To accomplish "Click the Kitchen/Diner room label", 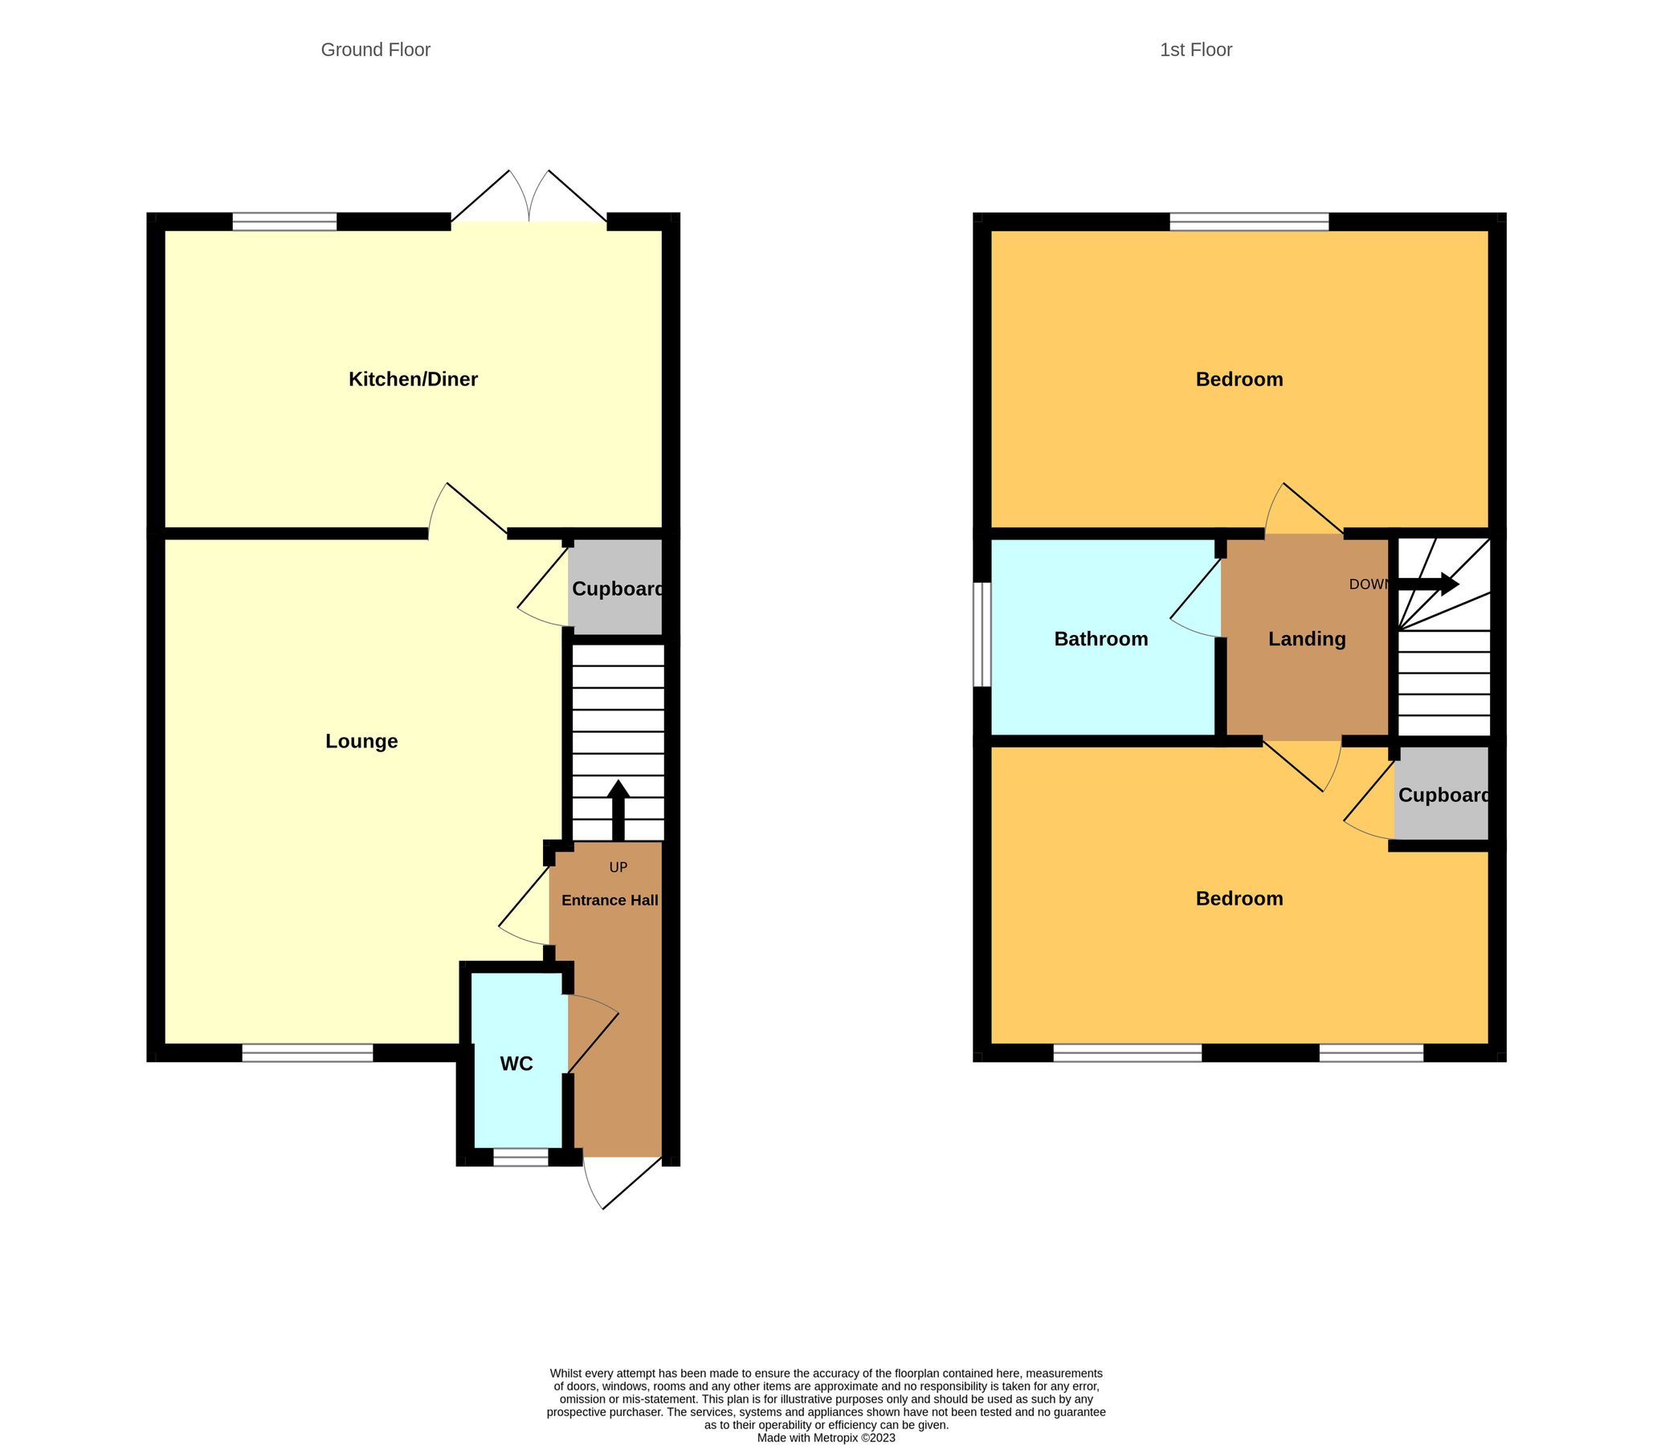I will [412, 379].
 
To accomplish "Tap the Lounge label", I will [361, 741].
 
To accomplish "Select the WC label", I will [516, 1064].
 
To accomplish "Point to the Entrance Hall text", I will [609, 900].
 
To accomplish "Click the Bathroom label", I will [1100, 639].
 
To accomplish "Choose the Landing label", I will [1306, 639].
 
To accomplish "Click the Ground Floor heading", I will [375, 50].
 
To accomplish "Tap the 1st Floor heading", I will [1196, 50].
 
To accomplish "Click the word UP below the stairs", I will [618, 868].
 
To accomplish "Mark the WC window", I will [520, 1157].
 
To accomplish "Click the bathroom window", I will [982, 635].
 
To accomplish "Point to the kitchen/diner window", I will [285, 222].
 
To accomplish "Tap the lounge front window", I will [308, 1052].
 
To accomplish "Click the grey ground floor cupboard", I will [615, 588].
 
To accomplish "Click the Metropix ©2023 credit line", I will [826, 1437].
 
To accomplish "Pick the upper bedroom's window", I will [1249, 222].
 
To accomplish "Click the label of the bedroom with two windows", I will [1239, 898].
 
